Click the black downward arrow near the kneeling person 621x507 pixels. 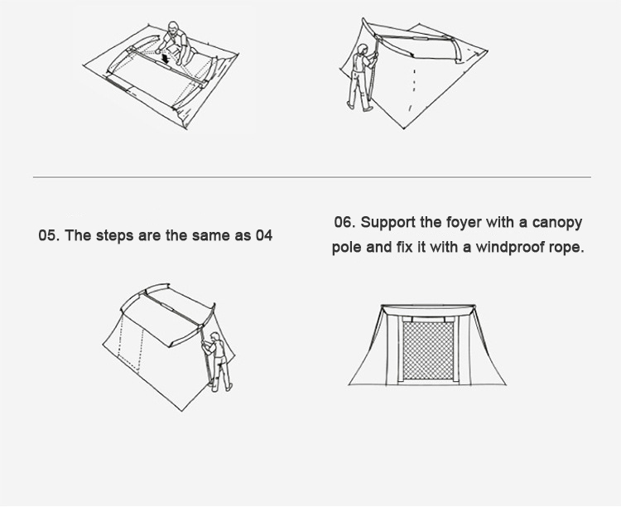[166, 60]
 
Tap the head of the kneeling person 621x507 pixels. [172, 27]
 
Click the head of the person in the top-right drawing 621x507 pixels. [363, 50]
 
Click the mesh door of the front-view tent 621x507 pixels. [428, 350]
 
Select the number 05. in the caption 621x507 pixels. [49, 235]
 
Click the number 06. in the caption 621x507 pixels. [344, 222]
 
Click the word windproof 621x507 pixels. [510, 248]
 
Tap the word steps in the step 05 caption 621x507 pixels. [115, 236]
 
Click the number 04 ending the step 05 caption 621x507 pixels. [264, 235]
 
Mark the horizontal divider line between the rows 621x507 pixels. [312, 177]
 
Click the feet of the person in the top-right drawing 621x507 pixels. [360, 107]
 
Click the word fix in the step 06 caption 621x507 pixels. [403, 247]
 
